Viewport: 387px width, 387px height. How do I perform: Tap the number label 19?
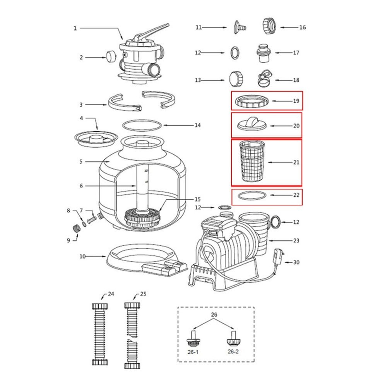click(x=296, y=101)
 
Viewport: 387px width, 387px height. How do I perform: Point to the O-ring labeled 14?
click(x=142, y=125)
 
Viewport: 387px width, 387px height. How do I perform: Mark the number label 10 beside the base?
click(x=82, y=256)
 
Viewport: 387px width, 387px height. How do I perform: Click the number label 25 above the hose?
click(x=143, y=294)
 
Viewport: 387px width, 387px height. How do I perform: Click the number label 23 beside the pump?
click(x=296, y=240)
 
